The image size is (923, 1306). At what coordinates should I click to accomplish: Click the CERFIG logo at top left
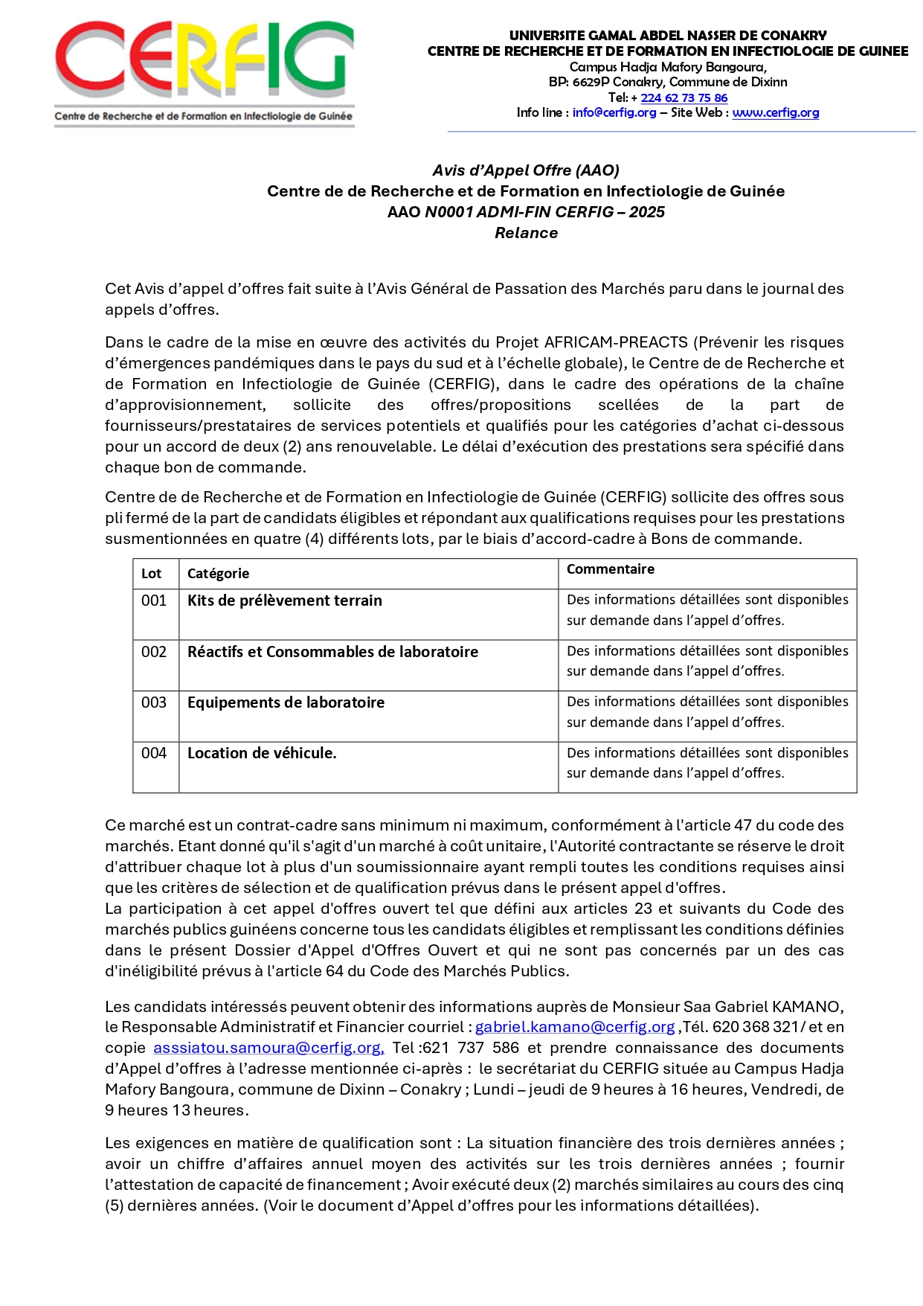point(204,73)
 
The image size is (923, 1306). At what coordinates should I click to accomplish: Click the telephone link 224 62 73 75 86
point(684,97)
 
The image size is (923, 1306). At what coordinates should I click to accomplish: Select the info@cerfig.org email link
point(614,112)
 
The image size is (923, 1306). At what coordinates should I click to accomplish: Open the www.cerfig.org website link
point(775,112)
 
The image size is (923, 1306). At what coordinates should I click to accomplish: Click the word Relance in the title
point(526,233)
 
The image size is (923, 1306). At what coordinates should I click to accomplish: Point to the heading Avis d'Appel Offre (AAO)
point(526,170)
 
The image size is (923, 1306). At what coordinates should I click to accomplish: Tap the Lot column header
point(151,574)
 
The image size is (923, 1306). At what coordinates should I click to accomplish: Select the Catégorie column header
point(218,574)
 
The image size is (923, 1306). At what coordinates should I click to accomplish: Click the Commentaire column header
point(610,569)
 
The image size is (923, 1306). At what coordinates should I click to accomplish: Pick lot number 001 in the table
point(154,601)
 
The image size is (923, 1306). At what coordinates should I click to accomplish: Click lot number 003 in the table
point(154,702)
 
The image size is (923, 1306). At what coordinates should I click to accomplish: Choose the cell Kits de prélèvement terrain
point(284,601)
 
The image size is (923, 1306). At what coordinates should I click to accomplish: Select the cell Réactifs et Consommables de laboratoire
point(332,652)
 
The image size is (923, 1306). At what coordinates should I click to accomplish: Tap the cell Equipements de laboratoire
point(286,702)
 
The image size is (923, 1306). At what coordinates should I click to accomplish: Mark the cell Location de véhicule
point(262,753)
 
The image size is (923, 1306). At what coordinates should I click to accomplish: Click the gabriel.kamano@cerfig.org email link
point(574,1027)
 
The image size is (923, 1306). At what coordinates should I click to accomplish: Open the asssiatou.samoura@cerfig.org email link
point(268,1048)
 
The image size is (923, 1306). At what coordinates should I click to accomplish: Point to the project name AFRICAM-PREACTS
point(616,342)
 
